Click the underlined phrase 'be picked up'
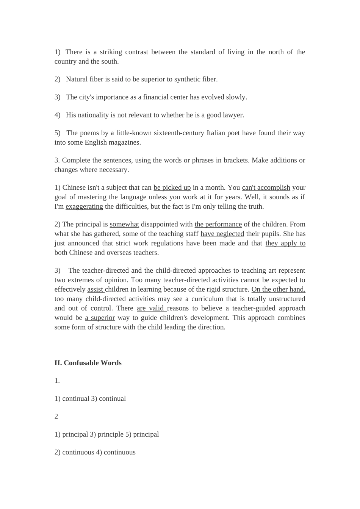point(172,187)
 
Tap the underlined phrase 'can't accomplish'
point(266,187)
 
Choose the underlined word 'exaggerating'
point(84,206)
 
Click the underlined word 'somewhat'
point(124,224)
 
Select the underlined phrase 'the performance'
point(218,224)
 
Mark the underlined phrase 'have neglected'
point(222,234)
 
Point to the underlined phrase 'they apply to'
point(285,243)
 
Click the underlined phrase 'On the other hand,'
point(278,289)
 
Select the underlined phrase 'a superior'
point(100,318)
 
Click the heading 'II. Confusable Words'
point(88,363)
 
